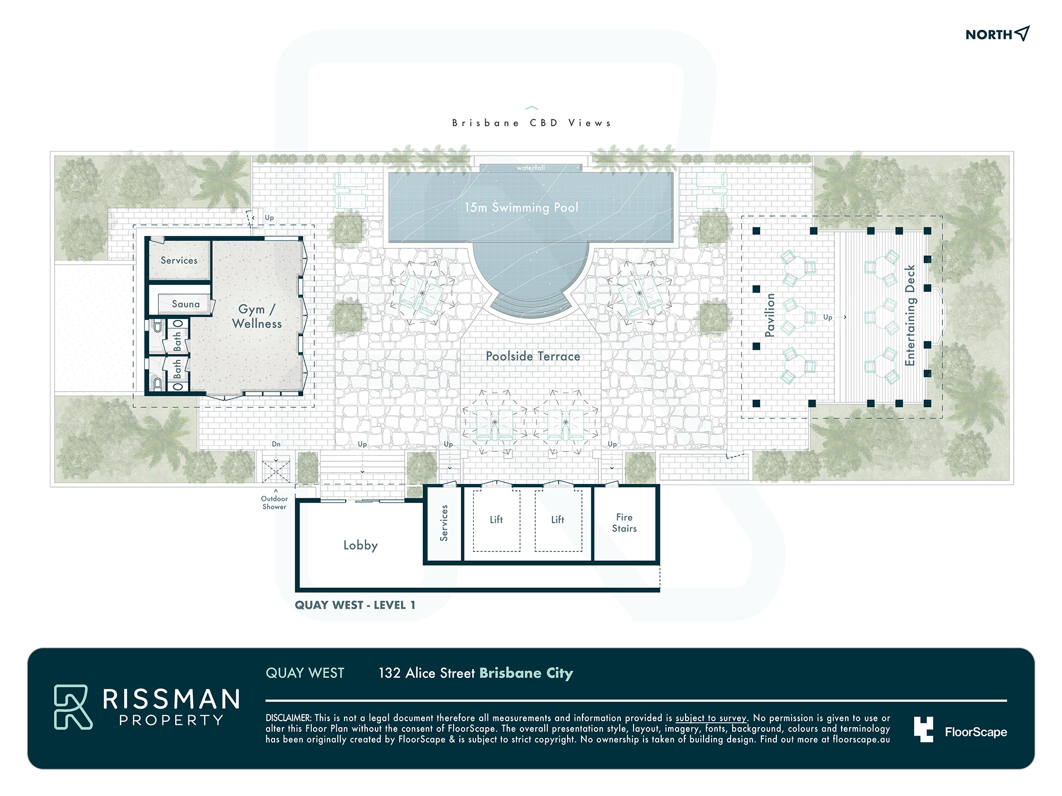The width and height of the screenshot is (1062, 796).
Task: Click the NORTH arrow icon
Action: tap(1022, 33)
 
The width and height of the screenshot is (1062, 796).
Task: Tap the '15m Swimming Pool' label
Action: tap(521, 207)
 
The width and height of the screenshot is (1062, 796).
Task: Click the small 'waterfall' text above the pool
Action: tap(530, 168)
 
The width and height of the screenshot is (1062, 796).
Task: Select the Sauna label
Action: tap(186, 304)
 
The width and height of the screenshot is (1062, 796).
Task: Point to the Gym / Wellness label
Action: tap(257, 316)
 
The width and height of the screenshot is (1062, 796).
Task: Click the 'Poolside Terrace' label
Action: tap(533, 356)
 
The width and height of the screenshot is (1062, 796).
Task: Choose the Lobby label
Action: tap(361, 546)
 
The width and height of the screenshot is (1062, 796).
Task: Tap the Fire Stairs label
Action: tap(624, 523)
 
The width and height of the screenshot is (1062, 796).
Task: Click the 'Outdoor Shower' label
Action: tap(275, 503)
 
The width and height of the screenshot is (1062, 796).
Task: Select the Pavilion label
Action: tap(770, 315)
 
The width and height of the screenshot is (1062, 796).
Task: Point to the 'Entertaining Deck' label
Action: tap(910, 315)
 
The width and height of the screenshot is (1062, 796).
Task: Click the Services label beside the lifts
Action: tap(444, 523)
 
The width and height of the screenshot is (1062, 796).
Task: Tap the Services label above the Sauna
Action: tap(179, 261)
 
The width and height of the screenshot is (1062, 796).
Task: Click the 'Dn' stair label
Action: tap(276, 444)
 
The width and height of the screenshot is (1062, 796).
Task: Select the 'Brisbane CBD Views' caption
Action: tap(532, 123)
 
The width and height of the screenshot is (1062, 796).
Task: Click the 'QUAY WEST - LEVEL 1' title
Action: tap(355, 605)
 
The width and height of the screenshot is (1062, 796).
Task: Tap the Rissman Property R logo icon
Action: tap(73, 707)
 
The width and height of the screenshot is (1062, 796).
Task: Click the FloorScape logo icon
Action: tap(923, 730)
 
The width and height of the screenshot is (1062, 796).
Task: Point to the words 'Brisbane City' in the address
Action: tap(526, 673)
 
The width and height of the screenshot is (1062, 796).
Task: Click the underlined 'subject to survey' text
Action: tap(711, 718)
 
